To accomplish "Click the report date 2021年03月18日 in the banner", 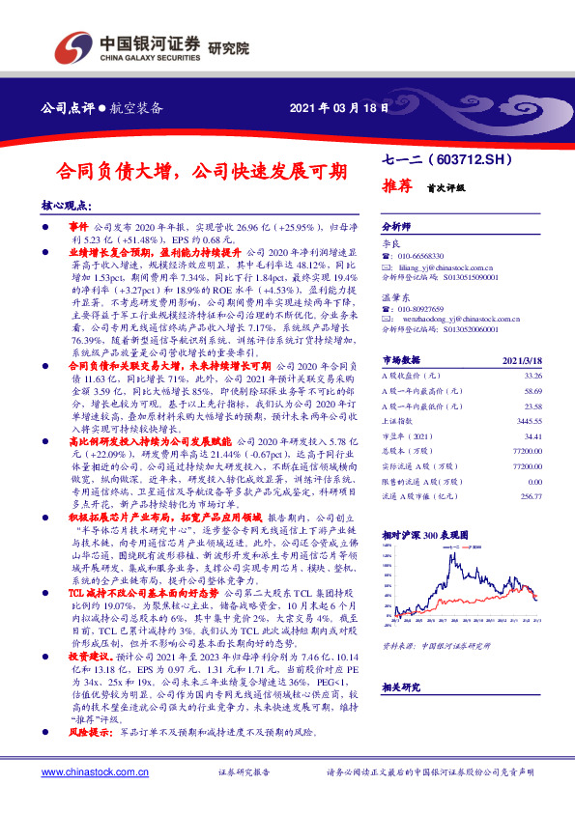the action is tap(338, 107).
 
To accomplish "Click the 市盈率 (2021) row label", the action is tap(409, 436).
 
